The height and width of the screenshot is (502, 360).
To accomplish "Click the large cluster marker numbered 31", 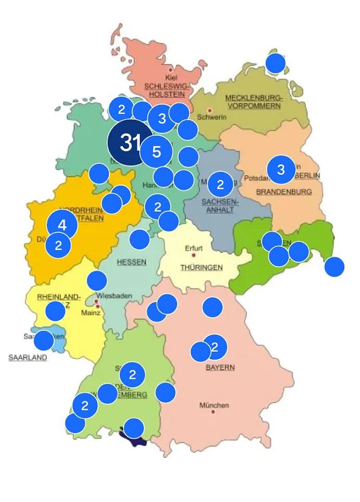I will coord(128,143).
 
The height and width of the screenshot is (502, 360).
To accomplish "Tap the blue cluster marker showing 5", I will coord(156,152).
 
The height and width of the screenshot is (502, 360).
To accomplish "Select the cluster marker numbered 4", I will coord(62,225).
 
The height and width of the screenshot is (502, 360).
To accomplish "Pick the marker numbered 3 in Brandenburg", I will coord(281,170).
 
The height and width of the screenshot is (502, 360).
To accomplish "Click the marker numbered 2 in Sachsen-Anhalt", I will coord(220,184).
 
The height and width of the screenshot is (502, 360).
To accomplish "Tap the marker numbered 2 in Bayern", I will coord(215,347).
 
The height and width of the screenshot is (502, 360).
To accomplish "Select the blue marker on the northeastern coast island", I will coord(276,63).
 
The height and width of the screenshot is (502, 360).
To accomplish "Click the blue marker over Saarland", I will coord(43,340).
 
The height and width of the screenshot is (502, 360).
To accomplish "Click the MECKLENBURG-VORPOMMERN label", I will coord(253,101).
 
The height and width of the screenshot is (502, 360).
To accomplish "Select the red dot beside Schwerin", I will coord(210,110).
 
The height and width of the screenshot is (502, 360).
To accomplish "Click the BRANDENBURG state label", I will coord(284,191).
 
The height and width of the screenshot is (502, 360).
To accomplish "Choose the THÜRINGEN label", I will coord(201,267).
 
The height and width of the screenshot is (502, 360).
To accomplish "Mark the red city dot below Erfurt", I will coord(194,255).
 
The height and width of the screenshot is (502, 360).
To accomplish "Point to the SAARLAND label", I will coord(28,357).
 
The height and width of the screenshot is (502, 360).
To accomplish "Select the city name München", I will coord(214,405).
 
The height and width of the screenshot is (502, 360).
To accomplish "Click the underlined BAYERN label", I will coord(220,367).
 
